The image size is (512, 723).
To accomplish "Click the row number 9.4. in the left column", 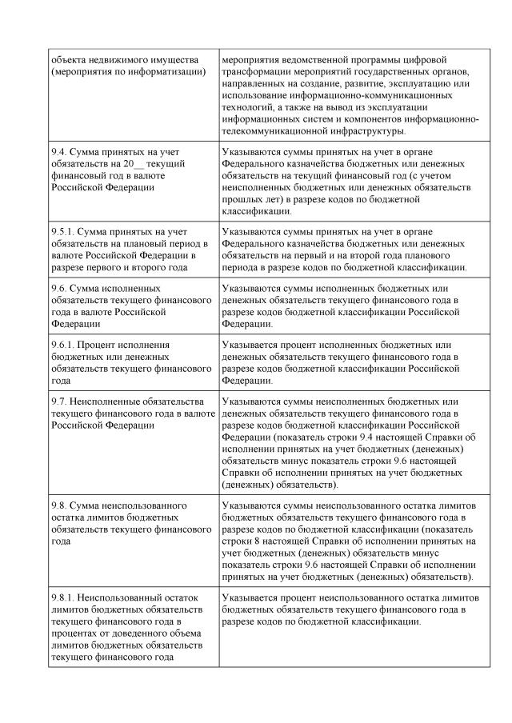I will click(58, 151).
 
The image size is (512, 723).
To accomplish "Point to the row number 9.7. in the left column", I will click(58, 401).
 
